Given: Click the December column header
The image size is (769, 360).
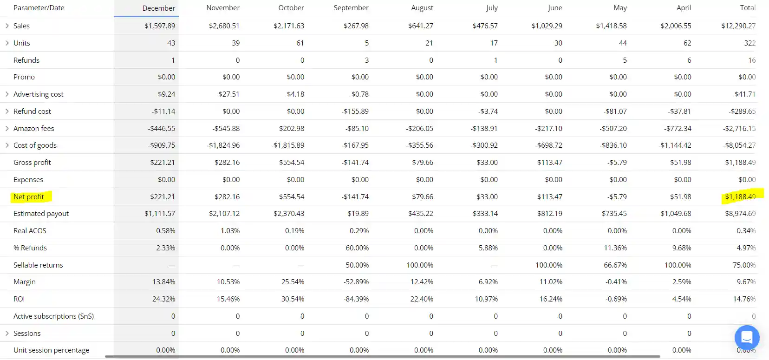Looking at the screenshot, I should pyautogui.click(x=158, y=8).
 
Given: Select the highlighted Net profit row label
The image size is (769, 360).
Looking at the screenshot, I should pyautogui.click(x=29, y=197).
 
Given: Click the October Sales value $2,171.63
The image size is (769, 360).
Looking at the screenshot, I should pyautogui.click(x=288, y=26).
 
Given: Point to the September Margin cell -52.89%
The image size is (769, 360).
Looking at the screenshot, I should pyautogui.click(x=356, y=282).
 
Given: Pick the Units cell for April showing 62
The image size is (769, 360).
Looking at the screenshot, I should pyautogui.click(x=687, y=43).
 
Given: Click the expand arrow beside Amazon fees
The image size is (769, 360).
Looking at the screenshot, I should pyautogui.click(x=7, y=128).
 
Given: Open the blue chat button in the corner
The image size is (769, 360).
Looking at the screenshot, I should pyautogui.click(x=747, y=337).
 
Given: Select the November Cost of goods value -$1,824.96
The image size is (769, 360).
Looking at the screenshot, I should pyautogui.click(x=223, y=145).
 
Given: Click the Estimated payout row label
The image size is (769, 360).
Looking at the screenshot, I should pyautogui.click(x=41, y=214).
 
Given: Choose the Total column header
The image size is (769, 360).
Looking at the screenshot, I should pyautogui.click(x=747, y=8).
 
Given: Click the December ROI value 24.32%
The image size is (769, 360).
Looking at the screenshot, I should pyautogui.click(x=163, y=299).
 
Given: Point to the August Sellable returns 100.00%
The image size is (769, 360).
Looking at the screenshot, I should pyautogui.click(x=419, y=265).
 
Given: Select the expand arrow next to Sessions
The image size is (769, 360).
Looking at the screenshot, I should pyautogui.click(x=7, y=333).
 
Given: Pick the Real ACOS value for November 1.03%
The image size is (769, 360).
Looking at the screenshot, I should pyautogui.click(x=230, y=231).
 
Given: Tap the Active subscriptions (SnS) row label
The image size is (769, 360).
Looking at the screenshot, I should pyautogui.click(x=53, y=316).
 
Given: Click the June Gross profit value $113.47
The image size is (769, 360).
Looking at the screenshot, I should pyautogui.click(x=549, y=163).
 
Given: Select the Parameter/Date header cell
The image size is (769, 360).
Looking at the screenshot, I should pyautogui.click(x=39, y=8).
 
